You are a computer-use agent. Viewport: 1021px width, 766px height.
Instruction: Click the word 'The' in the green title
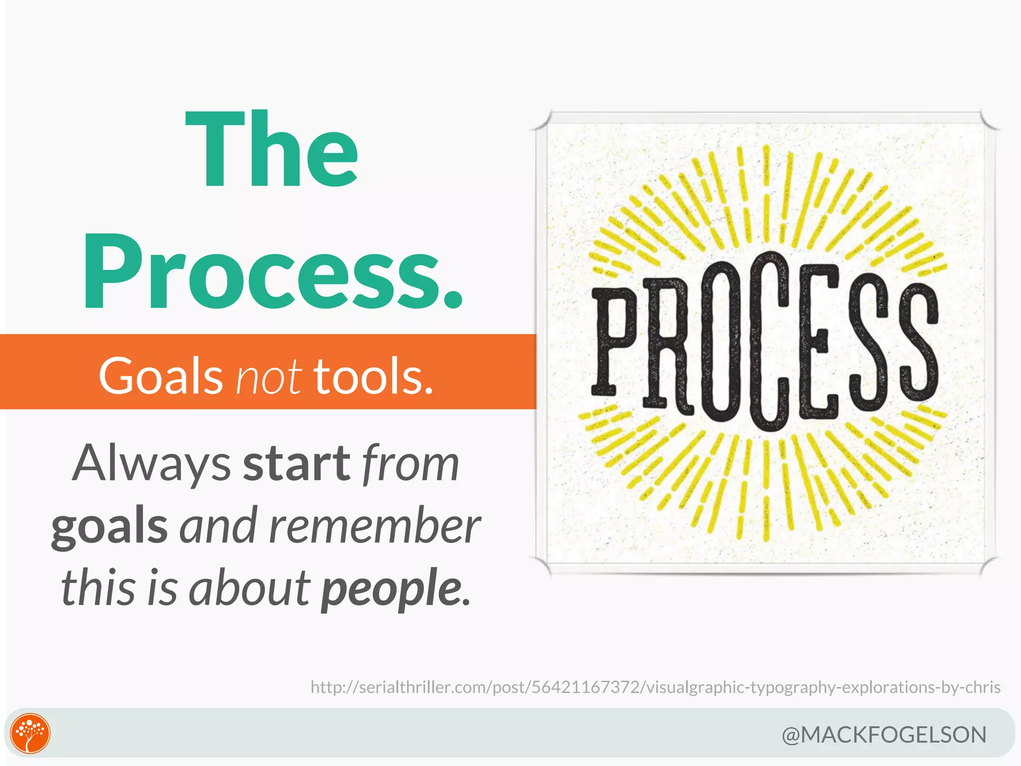pos(272,150)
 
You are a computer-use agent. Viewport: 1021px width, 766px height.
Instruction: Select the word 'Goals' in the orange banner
pos(161,376)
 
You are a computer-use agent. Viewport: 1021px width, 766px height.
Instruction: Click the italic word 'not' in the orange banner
pos(268,376)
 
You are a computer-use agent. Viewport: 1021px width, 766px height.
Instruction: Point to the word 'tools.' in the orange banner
pos(373,376)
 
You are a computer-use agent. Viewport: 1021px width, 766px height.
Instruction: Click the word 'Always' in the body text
pos(152,464)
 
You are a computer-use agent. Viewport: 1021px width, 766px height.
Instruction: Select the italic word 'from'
pos(410,464)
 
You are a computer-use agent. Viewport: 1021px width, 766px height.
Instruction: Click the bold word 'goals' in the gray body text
pos(110,526)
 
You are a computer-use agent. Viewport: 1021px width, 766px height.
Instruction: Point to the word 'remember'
pos(374,526)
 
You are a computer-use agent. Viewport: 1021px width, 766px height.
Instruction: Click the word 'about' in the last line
pos(249,588)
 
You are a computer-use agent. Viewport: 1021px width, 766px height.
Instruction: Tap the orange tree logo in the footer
pos(30,733)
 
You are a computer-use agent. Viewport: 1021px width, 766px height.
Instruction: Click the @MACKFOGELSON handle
pos(884,735)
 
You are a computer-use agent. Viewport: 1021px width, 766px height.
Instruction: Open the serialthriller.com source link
pos(655,687)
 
